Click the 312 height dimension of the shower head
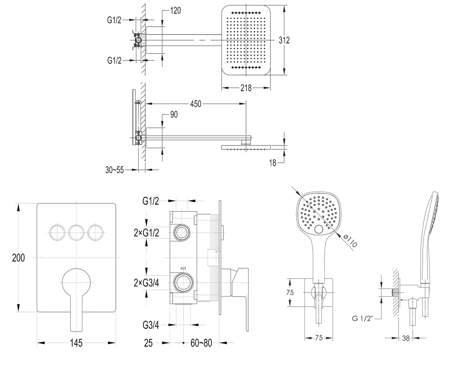pyautogui.click(x=284, y=40)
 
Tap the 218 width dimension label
pyautogui.click(x=246, y=88)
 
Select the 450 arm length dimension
pyautogui.click(x=196, y=104)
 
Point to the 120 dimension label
pyautogui.click(x=175, y=10)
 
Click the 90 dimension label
pyautogui.click(x=174, y=115)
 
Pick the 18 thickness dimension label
pyautogui.click(x=273, y=163)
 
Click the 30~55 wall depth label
pyautogui.click(x=114, y=170)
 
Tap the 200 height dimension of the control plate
pyautogui.click(x=18, y=258)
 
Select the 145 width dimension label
pyautogui.click(x=76, y=343)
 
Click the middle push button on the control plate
pyautogui.click(x=76, y=232)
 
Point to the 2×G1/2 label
pyautogui.click(x=147, y=233)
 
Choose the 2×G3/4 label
pyautogui.click(x=147, y=283)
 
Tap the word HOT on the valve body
pyautogui.click(x=183, y=268)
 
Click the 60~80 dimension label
pyautogui.click(x=201, y=343)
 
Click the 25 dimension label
pyautogui.click(x=148, y=343)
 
